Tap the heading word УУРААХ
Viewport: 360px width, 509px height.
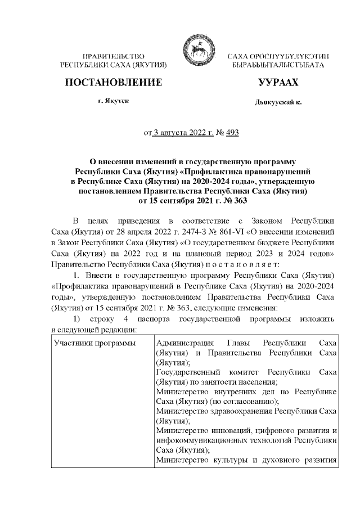[x=277, y=83]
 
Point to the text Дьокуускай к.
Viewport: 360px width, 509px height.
[x=278, y=103]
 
